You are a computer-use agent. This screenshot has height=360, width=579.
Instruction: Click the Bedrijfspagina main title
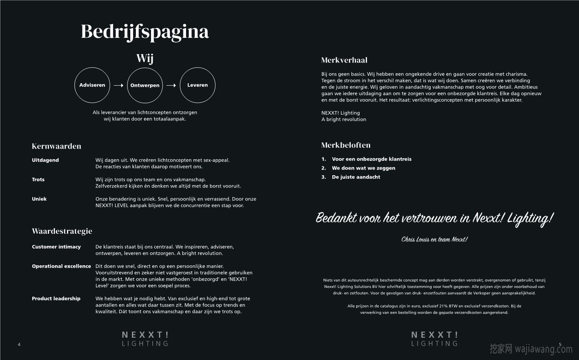145,31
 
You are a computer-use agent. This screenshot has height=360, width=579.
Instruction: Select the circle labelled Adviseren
92,85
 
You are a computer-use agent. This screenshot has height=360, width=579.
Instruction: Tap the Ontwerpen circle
145,85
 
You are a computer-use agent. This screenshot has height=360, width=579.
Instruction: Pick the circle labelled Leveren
197,85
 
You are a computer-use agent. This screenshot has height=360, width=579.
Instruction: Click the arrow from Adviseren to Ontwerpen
118,85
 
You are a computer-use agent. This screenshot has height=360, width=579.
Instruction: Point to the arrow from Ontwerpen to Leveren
171,85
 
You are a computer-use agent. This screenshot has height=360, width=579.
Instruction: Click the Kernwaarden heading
57,146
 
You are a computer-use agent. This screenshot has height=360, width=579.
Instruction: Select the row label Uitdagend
45,160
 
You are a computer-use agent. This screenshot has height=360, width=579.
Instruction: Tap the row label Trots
38,180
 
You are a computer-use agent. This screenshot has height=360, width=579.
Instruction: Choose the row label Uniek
39,199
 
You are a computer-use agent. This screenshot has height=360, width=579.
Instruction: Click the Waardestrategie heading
62,231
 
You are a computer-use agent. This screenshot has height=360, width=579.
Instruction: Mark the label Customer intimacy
56,247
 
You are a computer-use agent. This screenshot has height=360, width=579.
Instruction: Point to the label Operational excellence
61,266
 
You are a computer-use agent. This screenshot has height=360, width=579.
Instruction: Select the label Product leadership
56,299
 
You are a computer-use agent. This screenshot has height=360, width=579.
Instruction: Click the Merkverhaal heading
344,60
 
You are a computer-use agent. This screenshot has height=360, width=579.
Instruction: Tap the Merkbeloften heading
346,145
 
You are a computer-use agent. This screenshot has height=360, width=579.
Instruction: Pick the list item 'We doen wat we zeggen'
363,168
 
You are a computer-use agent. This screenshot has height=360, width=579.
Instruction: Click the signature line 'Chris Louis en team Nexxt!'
434,239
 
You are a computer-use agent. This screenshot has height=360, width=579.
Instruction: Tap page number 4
19,344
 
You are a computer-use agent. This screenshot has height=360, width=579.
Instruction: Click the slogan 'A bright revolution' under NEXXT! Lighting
344,119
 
